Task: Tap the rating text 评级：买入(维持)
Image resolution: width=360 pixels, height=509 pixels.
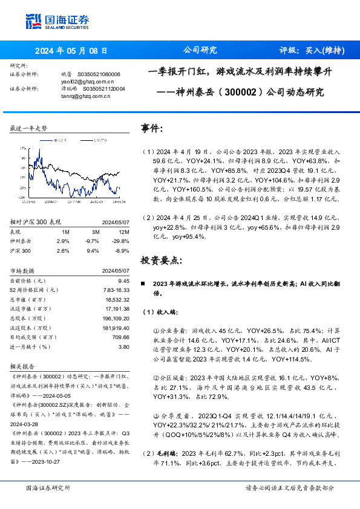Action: pos(312,51)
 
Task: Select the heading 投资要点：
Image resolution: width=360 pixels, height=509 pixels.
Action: pos(160,260)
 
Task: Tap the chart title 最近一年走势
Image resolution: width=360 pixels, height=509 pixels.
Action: pos(29,128)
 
